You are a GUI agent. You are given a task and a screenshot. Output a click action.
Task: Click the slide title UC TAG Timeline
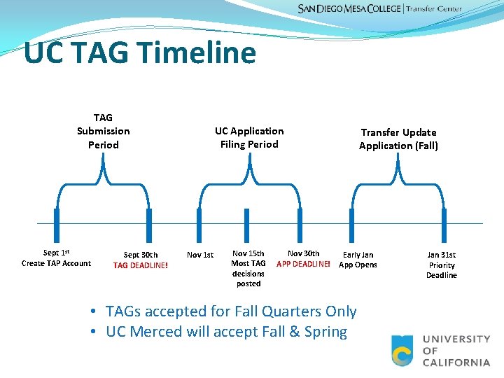click(x=140, y=53)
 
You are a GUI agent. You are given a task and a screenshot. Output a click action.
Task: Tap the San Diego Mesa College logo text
click(x=349, y=8)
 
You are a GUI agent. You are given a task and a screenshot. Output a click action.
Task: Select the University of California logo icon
click(x=402, y=351)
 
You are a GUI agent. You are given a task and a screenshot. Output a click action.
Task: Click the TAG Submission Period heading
click(x=103, y=131)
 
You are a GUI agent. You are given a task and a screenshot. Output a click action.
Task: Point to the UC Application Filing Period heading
click(x=249, y=137)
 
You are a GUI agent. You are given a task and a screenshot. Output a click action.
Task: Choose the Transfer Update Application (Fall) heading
click(x=398, y=139)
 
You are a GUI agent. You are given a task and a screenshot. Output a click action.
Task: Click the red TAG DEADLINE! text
click(x=141, y=265)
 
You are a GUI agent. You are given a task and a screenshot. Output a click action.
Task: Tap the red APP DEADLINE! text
click(x=303, y=264)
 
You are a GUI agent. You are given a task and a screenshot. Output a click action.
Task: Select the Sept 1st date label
click(x=56, y=253)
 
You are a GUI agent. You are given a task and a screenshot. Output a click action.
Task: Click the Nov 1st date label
click(x=200, y=255)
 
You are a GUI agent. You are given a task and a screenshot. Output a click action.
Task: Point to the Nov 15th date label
click(x=248, y=253)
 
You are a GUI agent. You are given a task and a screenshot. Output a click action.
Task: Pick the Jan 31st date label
click(x=442, y=255)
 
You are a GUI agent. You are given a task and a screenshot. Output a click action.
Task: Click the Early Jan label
click(x=358, y=255)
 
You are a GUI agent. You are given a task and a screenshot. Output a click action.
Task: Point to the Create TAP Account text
click(x=56, y=263)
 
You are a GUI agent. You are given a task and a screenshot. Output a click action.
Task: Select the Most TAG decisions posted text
click(x=248, y=274)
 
